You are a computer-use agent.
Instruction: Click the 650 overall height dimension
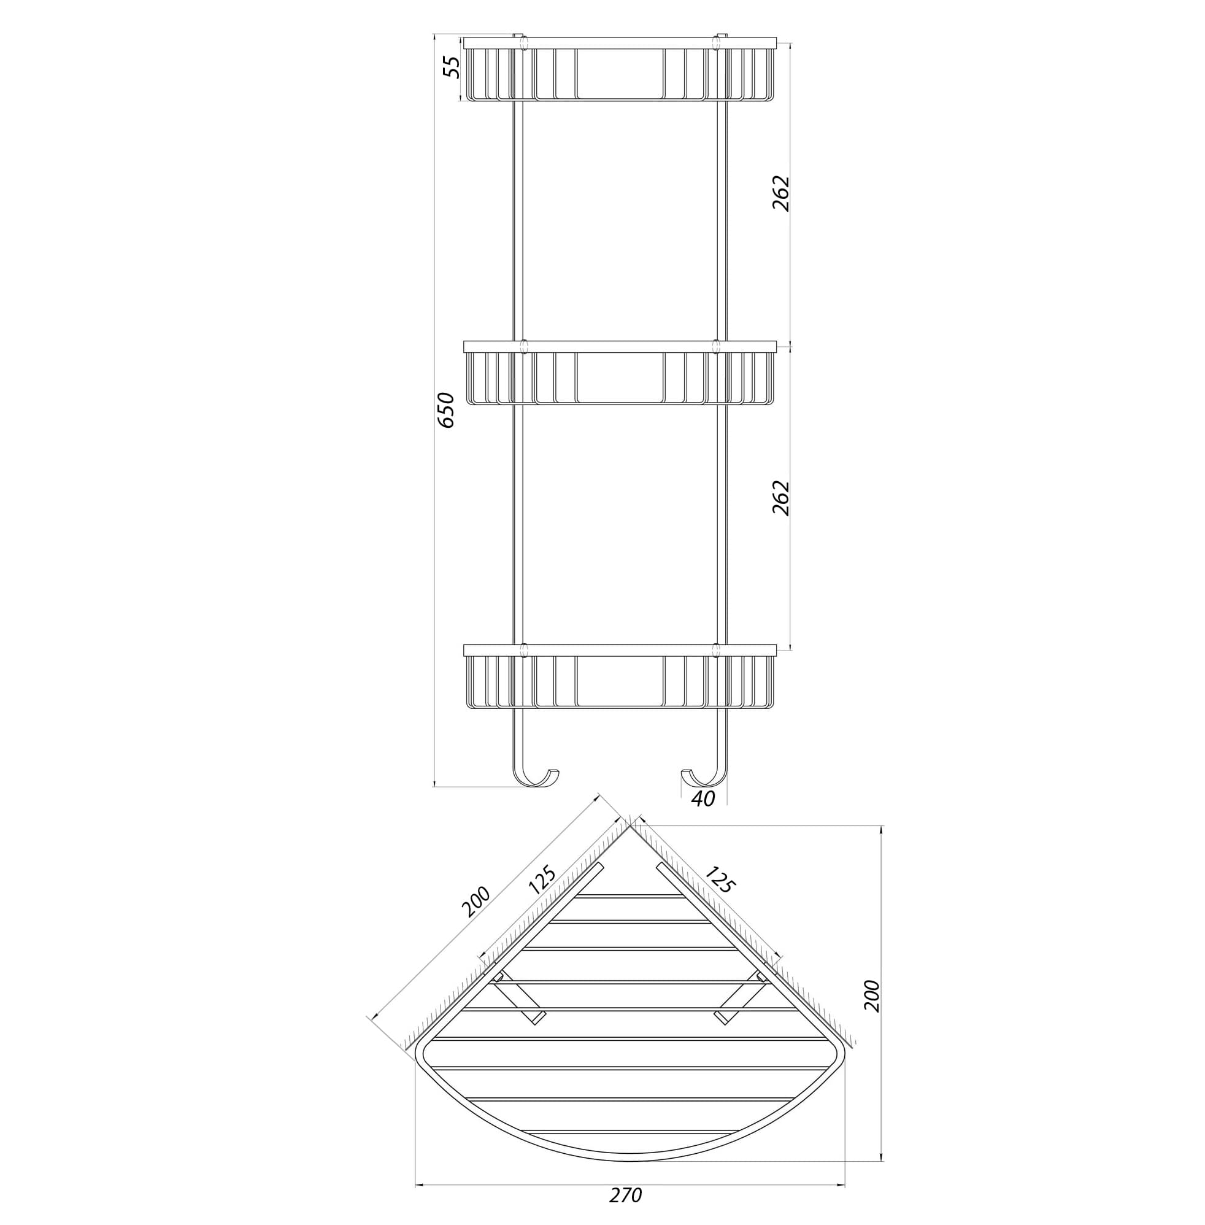pyautogui.click(x=446, y=410)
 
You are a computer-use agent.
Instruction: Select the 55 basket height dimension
pyautogui.click(x=451, y=67)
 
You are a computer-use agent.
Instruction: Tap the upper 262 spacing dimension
pyautogui.click(x=782, y=193)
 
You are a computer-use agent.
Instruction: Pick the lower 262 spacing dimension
pyautogui.click(x=782, y=498)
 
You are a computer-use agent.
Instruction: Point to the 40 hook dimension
pyautogui.click(x=703, y=800)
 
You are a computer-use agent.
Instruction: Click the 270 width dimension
pyautogui.click(x=626, y=1196)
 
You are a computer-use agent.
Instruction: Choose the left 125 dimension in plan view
pyautogui.click(x=542, y=880)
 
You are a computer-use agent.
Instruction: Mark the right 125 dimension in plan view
pyautogui.click(x=719, y=879)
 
